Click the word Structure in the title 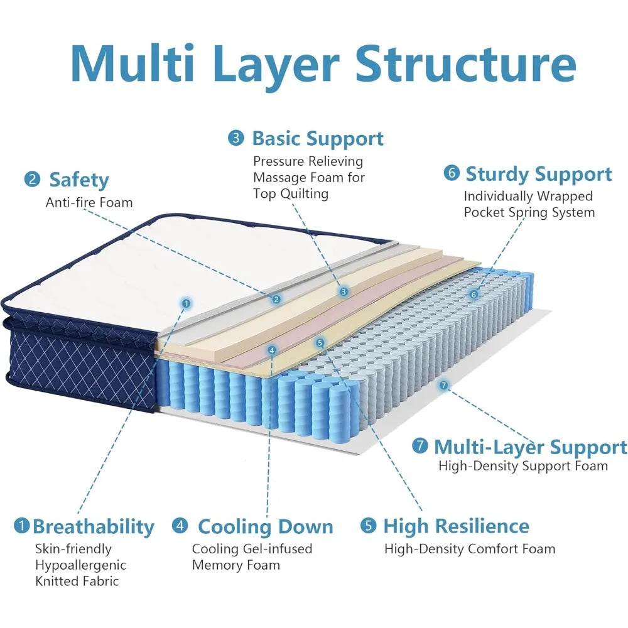pyautogui.click(x=465, y=63)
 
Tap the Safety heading pyautogui.click(x=79, y=180)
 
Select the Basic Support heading pyautogui.click(x=317, y=138)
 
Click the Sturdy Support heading pyautogui.click(x=538, y=174)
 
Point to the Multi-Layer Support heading pyautogui.click(x=530, y=447)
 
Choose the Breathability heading pyautogui.click(x=93, y=526)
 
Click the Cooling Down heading pyautogui.click(x=265, y=526)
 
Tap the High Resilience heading pyautogui.click(x=456, y=526)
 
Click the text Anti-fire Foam pyautogui.click(x=89, y=202)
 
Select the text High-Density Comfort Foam pyautogui.click(x=470, y=549)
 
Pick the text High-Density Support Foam pyautogui.click(x=523, y=466)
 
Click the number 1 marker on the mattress pyautogui.click(x=185, y=303)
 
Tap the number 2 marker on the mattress pyautogui.click(x=276, y=300)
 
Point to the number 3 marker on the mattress pyautogui.click(x=344, y=291)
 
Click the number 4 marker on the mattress pyautogui.click(x=271, y=350)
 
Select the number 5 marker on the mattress pyautogui.click(x=320, y=343)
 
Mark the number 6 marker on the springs pyautogui.click(x=474, y=293)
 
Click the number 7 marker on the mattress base pyautogui.click(x=444, y=385)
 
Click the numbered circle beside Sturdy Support pyautogui.click(x=451, y=173)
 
